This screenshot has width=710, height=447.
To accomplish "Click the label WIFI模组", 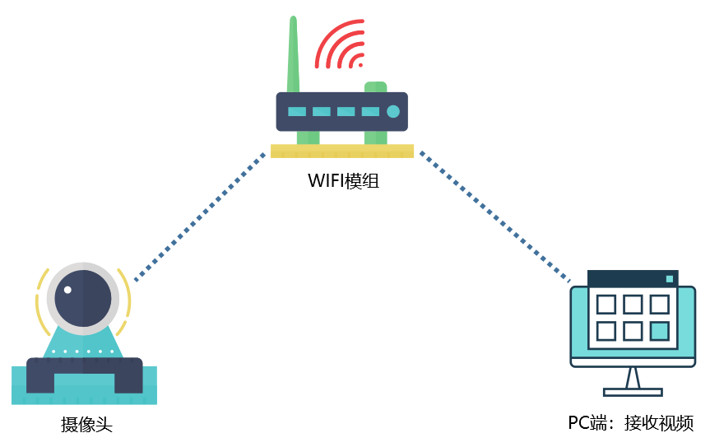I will click(x=344, y=181).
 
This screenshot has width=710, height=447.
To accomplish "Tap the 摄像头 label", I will click(x=86, y=425).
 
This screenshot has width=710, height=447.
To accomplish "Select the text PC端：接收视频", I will click(x=631, y=423).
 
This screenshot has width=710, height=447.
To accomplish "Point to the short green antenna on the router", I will click(x=375, y=86).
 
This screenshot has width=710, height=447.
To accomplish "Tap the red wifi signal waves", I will click(x=341, y=45).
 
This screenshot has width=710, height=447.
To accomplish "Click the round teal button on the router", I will click(x=392, y=111).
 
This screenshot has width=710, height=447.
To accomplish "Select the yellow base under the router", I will click(x=341, y=151).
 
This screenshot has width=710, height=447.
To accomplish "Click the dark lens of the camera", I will click(x=81, y=299).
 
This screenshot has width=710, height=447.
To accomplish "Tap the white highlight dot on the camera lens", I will click(x=69, y=290).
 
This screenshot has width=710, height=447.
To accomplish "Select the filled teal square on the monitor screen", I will click(x=659, y=331).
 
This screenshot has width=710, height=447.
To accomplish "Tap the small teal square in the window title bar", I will click(x=670, y=279).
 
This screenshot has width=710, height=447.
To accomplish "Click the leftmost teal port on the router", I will click(x=296, y=111).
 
